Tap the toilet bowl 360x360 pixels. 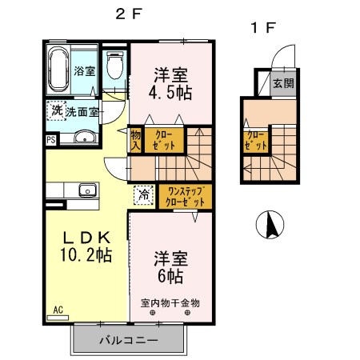[114, 69]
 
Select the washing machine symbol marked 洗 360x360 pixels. [56, 111]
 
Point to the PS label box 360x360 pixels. [51, 139]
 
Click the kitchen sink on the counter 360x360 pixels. [85, 190]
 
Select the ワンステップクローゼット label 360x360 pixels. [185, 196]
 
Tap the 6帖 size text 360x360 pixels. [170, 276]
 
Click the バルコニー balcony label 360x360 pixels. [128, 340]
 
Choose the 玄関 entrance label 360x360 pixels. [282, 83]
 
